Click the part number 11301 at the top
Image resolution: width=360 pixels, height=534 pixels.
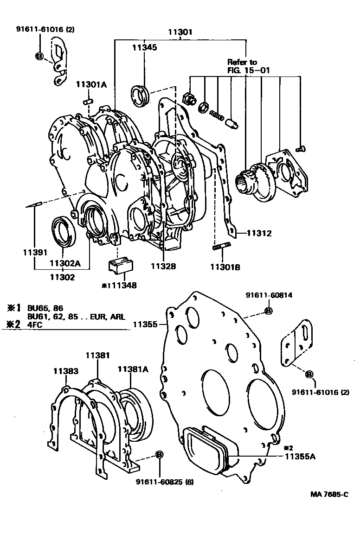pos(180,33)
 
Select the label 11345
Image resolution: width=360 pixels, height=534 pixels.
pos(144,47)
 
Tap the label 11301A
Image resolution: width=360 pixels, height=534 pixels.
pos(92,84)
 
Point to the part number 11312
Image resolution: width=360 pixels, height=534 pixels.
pos(259,233)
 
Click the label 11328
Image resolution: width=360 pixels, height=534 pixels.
pos(163,267)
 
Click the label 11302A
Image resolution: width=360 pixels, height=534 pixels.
pos(65,264)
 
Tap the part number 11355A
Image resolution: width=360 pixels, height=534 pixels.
pos(300,457)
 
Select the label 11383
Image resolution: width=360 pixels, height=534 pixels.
pos(65,371)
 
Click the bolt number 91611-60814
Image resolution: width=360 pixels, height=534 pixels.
pos(269,295)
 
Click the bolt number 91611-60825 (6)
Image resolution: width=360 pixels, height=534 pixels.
pos(165,482)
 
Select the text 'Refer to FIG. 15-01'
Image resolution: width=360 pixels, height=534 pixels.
pos(248,66)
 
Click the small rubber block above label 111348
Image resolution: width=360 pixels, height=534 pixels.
pos(121,266)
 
